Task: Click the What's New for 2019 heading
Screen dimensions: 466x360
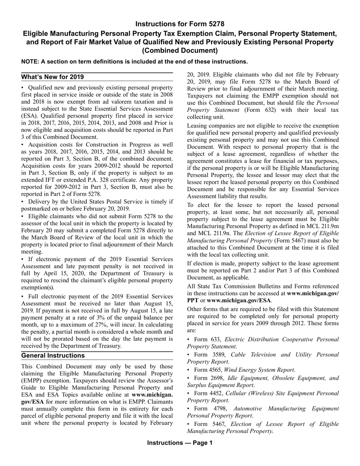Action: click(x=52, y=77)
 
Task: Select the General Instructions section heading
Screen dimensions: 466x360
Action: click(x=53, y=355)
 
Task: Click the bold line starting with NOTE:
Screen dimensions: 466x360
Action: click(x=135, y=61)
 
